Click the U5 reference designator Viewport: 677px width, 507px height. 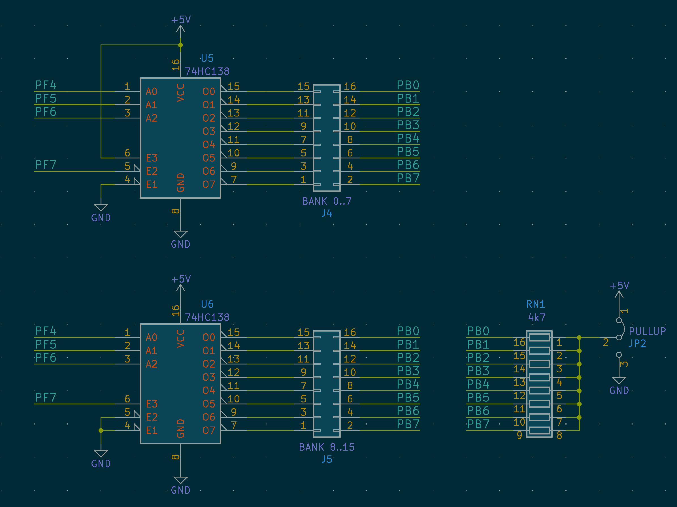(207, 58)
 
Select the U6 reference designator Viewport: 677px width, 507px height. (207, 304)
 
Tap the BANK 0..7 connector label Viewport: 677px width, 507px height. (327, 201)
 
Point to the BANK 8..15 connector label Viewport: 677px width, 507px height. (327, 447)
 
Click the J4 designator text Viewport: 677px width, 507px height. (327, 213)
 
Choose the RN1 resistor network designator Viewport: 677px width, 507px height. (536, 304)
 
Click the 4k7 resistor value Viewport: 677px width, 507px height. (537, 317)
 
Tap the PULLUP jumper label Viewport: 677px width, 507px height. (647, 331)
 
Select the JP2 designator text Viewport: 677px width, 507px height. (638, 343)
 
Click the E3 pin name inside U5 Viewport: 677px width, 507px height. (152, 158)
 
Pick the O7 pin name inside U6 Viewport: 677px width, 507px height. (209, 430)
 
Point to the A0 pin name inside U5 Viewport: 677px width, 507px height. (152, 91)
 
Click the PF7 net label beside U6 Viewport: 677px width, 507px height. (46, 397)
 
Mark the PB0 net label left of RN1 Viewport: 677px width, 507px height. (478, 331)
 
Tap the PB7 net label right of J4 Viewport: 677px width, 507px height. (408, 178)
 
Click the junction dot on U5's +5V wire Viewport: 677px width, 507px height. (180, 45)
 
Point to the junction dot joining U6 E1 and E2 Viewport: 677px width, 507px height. (101, 430)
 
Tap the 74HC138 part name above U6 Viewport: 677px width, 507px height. (207, 317)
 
